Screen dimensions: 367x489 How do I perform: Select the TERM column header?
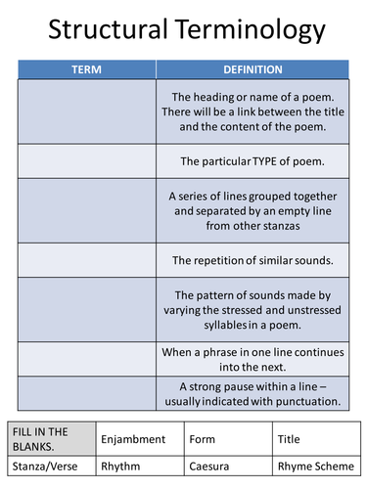tap(87, 70)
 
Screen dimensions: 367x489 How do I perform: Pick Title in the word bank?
tap(289, 440)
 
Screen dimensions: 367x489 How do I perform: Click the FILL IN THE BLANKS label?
tap(38, 439)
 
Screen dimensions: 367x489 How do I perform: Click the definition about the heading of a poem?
tap(252, 111)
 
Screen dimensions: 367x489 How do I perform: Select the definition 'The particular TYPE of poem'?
tap(252, 160)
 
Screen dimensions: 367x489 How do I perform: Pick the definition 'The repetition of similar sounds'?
tap(252, 260)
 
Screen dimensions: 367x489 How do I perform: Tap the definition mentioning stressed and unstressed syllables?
tap(252, 310)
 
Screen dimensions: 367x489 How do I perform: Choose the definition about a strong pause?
tap(252, 392)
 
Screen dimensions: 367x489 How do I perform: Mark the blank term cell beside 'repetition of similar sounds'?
tap(87, 260)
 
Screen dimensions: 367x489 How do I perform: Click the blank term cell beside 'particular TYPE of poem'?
tap(87, 160)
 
